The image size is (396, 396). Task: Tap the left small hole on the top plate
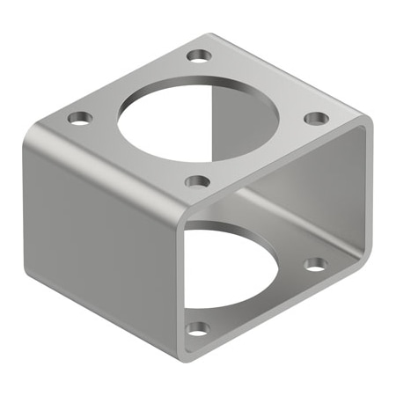click(x=80, y=117)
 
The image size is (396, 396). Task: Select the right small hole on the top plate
click(x=317, y=118)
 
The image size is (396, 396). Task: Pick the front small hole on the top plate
click(x=198, y=182)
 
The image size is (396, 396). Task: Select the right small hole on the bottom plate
click(x=315, y=263)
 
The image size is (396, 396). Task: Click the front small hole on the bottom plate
click(x=198, y=329)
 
